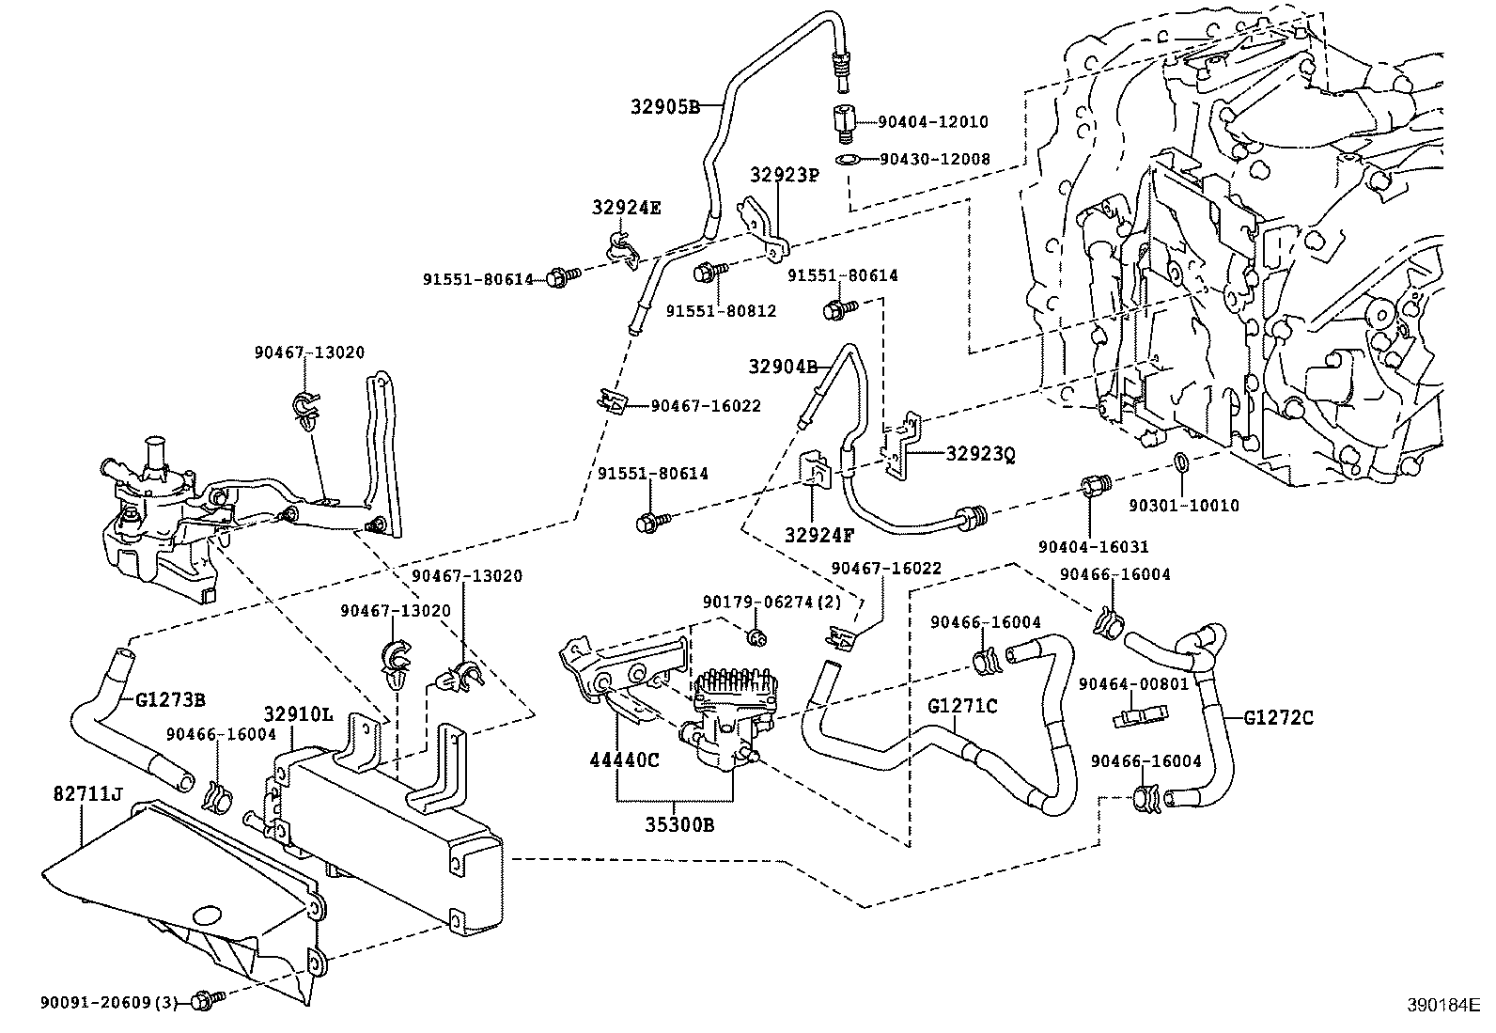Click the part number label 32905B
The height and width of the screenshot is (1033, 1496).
pyautogui.click(x=664, y=106)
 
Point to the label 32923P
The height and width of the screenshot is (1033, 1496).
pyautogui.click(x=785, y=175)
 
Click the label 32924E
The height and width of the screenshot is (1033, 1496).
pyautogui.click(x=626, y=208)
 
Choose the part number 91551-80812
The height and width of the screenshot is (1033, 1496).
pyautogui.click(x=722, y=310)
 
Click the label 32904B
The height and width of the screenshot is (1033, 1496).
pyautogui.click(x=784, y=366)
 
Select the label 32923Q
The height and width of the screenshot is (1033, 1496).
pyautogui.click(x=980, y=454)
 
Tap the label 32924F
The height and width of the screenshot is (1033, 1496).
pyautogui.click(x=819, y=536)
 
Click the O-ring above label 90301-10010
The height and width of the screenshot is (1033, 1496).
pyautogui.click(x=1182, y=463)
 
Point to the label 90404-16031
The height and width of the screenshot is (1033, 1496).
pyautogui.click(x=1094, y=546)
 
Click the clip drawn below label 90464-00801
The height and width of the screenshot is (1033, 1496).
pyautogui.click(x=1138, y=717)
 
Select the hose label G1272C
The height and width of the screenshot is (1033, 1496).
pyautogui.click(x=1278, y=718)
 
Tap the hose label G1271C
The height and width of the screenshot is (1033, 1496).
pyautogui.click(x=962, y=705)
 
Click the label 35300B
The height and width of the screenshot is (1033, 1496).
pyautogui.click(x=678, y=825)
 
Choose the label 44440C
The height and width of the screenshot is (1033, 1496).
pyautogui.click(x=624, y=759)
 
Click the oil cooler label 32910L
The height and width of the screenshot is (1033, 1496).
pyautogui.click(x=298, y=713)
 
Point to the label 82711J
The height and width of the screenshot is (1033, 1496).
pyautogui.click(x=86, y=795)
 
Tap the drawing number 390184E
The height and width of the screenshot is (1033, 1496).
pyautogui.click(x=1442, y=1006)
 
